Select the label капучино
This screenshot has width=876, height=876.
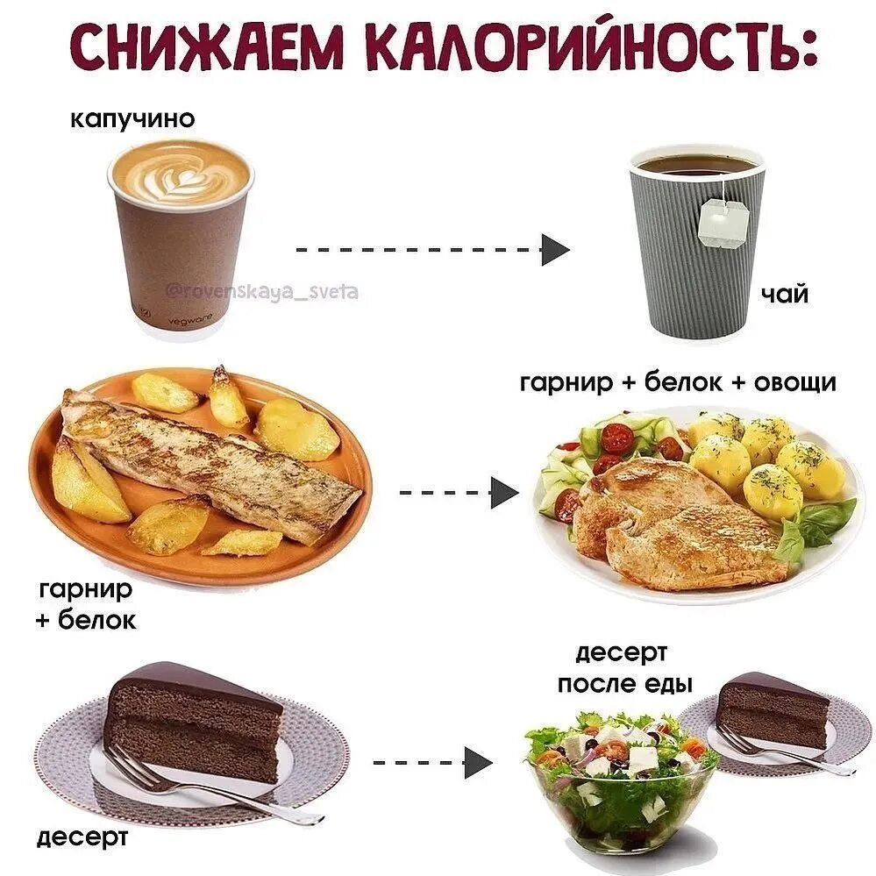(132, 118)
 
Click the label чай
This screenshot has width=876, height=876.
(783, 295)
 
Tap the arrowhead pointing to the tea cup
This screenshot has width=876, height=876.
(554, 250)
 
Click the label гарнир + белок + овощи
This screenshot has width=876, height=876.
(678, 383)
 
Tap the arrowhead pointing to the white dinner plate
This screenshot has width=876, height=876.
(503, 492)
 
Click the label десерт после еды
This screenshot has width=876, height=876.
(624, 668)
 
